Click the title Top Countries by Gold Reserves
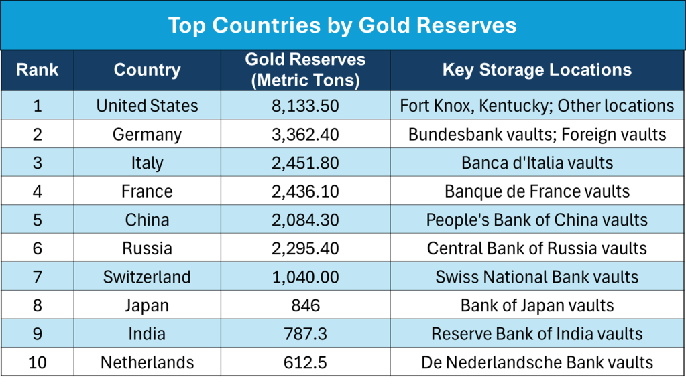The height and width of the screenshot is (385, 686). [342, 25]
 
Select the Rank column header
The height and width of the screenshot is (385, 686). [37, 70]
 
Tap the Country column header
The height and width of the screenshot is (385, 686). [147, 70]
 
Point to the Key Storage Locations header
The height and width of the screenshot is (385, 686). [536, 70]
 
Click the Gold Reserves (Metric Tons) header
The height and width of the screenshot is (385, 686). [305, 70]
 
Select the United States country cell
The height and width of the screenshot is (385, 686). [147, 106]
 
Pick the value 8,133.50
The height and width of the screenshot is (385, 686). [305, 106]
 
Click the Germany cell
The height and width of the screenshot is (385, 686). [147, 135]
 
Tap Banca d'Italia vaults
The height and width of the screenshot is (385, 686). [536, 163]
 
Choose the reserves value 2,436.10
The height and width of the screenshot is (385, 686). [305, 191]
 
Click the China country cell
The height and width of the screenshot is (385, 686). [147, 220]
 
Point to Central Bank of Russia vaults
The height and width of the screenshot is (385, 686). [536, 248]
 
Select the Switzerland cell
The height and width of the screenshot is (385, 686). [147, 277]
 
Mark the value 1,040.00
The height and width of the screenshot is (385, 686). [305, 277]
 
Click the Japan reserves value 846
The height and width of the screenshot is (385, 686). [305, 305]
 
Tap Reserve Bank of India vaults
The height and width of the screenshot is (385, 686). [536, 333]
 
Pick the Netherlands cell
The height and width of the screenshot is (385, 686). [147, 362]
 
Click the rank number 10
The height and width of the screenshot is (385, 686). [37, 362]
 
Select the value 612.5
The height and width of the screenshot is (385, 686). [305, 362]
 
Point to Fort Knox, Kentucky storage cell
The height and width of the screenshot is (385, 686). [536, 106]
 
